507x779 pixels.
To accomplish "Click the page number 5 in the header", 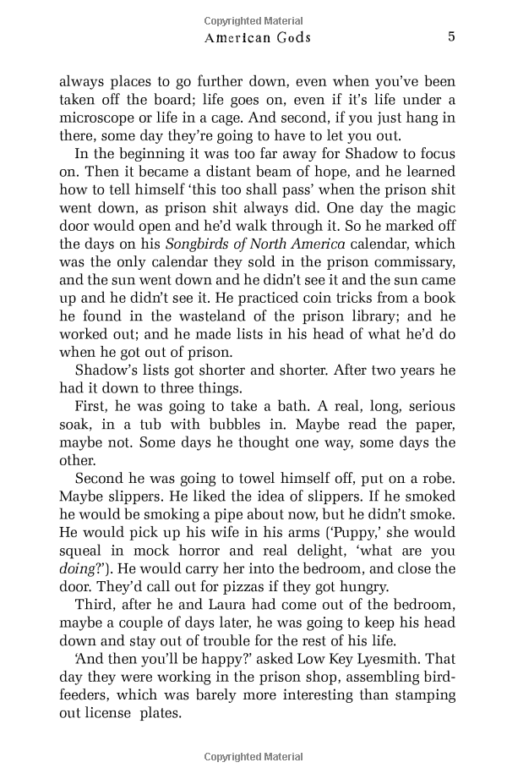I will coord(452,36).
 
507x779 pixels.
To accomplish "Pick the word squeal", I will coord(79,551).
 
